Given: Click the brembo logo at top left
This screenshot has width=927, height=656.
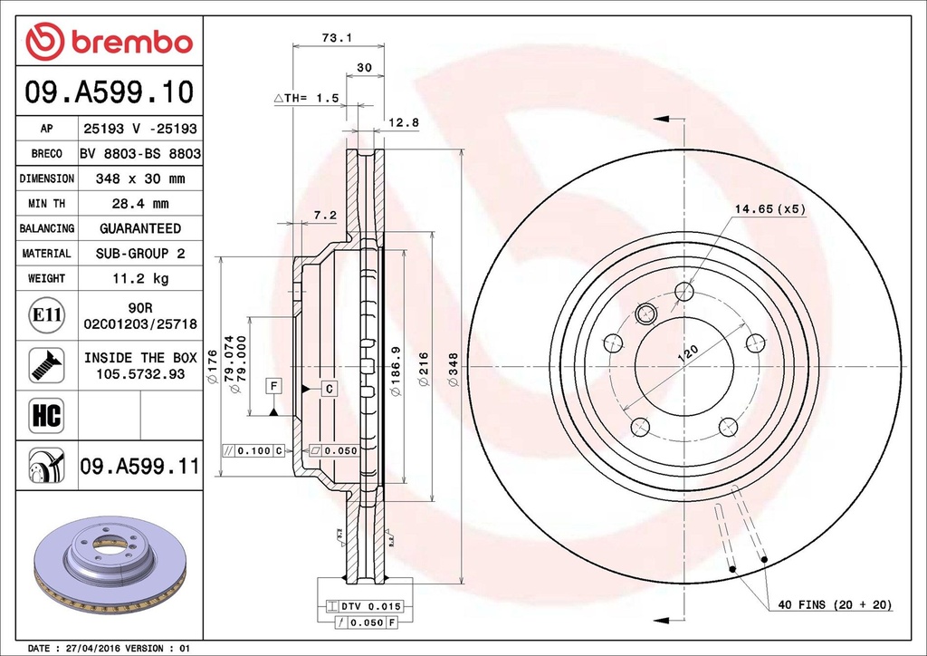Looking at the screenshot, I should [109, 42].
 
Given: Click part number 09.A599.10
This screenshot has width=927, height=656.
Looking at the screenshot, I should [109, 92].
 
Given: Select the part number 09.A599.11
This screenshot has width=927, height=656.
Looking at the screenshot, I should [139, 467].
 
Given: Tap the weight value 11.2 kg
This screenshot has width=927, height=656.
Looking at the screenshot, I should [139, 278].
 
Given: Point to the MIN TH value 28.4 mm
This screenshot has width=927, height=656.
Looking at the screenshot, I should [139, 204].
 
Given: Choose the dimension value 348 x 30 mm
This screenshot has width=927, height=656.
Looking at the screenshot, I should [139, 179].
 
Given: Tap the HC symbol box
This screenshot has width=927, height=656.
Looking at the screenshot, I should [45, 416].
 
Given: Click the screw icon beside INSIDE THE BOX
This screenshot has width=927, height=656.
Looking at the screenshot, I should [45, 364].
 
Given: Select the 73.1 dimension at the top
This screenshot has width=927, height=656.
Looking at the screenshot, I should [337, 38].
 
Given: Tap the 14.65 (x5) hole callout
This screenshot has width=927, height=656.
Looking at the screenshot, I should [769, 209].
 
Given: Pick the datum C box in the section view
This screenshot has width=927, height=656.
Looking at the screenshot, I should [330, 389].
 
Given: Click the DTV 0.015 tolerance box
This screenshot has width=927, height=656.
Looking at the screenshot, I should [365, 605].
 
